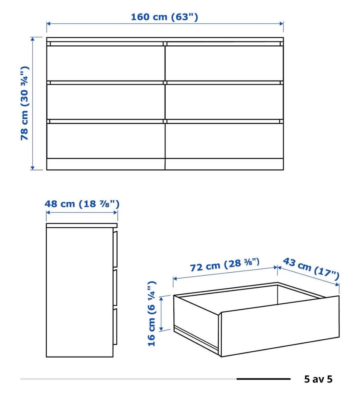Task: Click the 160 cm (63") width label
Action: click(164, 17)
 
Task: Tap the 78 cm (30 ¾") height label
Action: click(24, 103)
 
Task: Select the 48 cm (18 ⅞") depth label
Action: click(82, 204)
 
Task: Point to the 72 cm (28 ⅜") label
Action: click(225, 265)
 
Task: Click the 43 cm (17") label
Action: click(311, 269)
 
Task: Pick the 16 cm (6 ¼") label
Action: click(152, 313)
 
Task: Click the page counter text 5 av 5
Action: click(318, 379)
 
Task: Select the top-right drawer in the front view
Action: click(224, 63)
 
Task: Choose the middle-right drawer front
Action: click(224, 101)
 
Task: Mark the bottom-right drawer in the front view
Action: click(224, 141)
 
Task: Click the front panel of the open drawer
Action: click(280, 326)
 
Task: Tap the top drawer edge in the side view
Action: click(115, 249)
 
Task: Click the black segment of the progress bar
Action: click(263, 379)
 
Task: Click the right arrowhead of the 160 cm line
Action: click(282, 24)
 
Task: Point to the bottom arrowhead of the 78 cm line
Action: click(33, 167)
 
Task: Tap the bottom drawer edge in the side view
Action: click(115, 327)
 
